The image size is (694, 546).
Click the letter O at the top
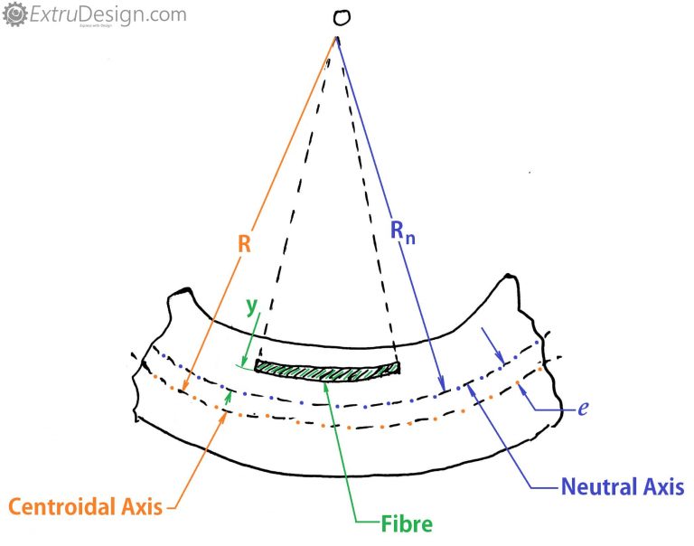pos(340,19)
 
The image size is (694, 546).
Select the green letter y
pos(252,307)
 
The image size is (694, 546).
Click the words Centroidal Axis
pos(87,507)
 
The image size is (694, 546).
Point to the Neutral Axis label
pos(623,486)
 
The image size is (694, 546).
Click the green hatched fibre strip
pos(327,368)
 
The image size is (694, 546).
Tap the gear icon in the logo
pos(14,14)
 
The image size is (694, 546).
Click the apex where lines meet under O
pos(337,37)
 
